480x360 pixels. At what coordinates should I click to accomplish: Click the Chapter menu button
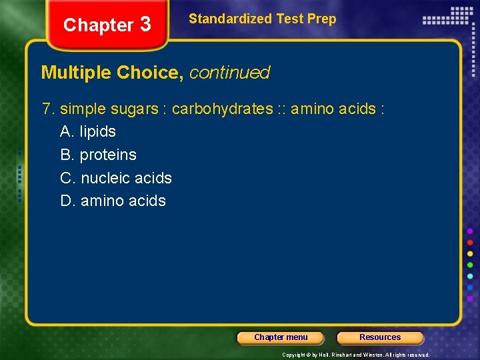(281, 337)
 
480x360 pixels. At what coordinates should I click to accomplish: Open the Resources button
(380, 337)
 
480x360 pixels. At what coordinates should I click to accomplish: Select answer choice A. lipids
(88, 132)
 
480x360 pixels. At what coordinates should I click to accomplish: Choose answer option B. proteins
(98, 155)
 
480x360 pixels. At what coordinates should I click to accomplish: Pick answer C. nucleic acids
(116, 178)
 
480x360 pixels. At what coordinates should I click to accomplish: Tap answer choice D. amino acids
(113, 201)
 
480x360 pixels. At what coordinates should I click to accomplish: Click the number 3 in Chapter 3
(145, 25)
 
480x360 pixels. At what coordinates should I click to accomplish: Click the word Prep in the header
(323, 19)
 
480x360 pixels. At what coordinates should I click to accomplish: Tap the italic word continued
(230, 73)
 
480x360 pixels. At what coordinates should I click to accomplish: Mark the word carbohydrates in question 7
(223, 109)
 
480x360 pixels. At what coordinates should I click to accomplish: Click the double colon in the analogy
(283, 109)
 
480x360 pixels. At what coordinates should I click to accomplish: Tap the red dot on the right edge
(470, 242)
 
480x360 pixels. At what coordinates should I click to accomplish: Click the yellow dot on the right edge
(470, 254)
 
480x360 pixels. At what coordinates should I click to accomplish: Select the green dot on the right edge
(470, 265)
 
